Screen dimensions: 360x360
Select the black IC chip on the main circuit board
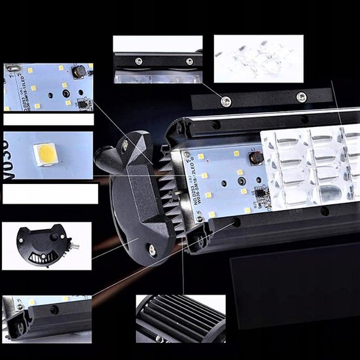tap(259, 195)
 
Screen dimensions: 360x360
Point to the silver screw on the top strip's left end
tap(226, 101)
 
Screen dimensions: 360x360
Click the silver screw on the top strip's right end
tap(301, 97)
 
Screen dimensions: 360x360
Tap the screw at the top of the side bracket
tap(125, 145)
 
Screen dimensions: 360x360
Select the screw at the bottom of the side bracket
tap(152, 249)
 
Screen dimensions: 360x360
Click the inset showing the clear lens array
tap(259, 59)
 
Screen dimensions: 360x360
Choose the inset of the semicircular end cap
tap(46, 245)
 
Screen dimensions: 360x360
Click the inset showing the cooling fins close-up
tap(180, 318)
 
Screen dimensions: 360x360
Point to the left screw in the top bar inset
tap(139, 61)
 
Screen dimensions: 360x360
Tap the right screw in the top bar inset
tap(189, 62)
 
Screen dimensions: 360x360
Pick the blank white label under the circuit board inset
tap(48, 120)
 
